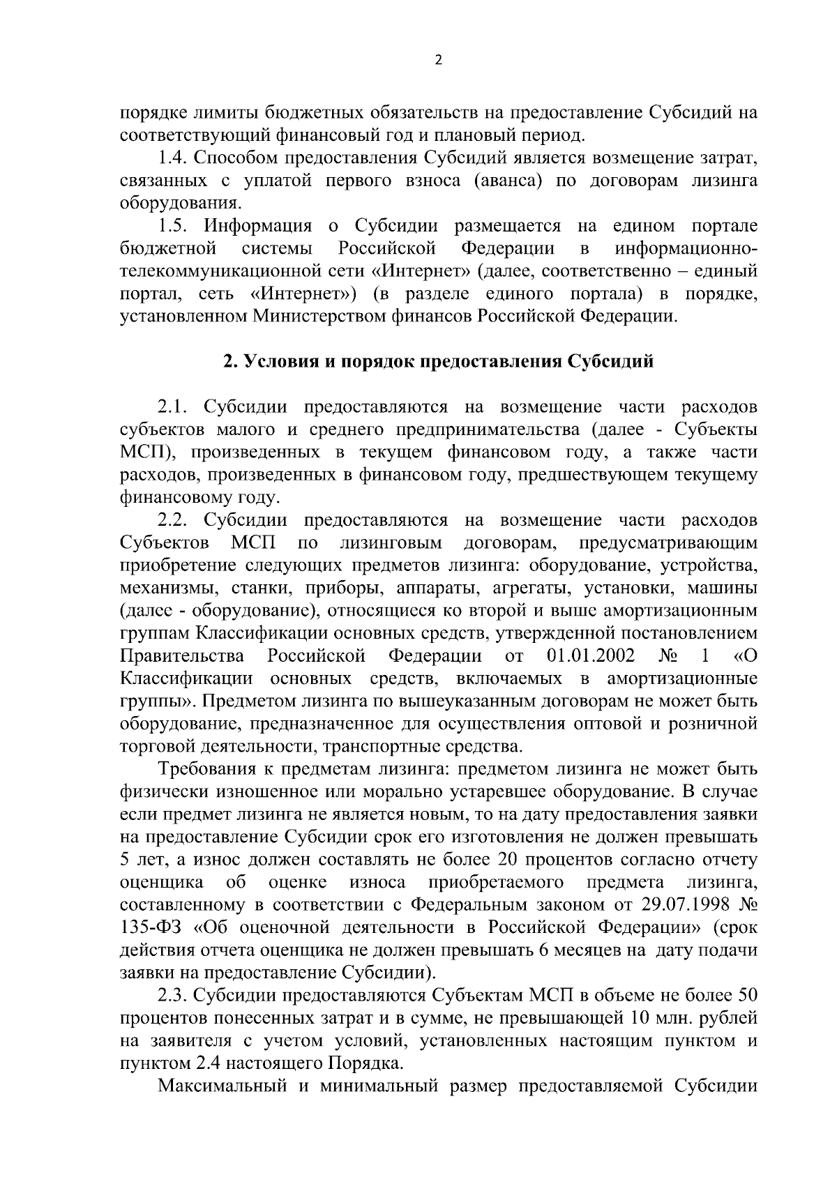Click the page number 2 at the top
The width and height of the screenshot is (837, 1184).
pos(438,60)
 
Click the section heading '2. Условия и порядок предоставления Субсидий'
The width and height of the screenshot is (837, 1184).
pos(438,362)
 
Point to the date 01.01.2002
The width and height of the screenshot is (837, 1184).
pos(591,656)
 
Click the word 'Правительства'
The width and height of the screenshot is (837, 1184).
pos(182,656)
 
